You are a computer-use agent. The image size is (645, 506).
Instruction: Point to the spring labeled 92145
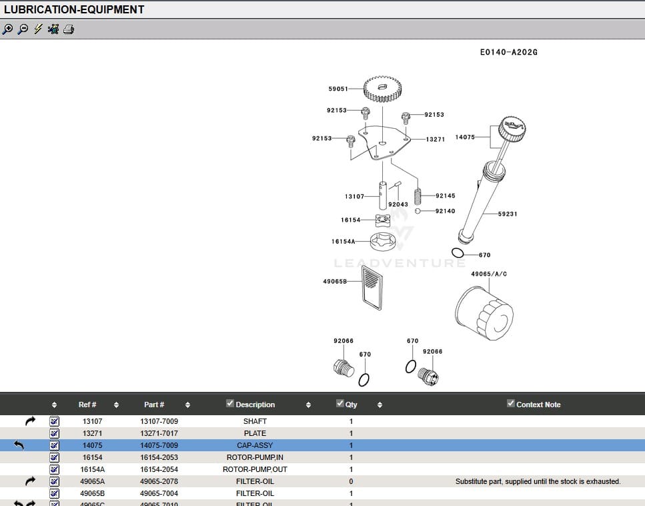[419, 196]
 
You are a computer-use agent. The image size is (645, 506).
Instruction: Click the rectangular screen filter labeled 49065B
[372, 287]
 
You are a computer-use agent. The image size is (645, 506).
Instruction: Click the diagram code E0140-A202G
[508, 52]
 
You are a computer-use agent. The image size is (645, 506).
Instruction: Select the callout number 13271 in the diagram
[436, 140]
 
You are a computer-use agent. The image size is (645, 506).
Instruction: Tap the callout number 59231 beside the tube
[508, 214]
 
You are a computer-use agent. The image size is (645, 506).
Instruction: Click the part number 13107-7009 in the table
[159, 421]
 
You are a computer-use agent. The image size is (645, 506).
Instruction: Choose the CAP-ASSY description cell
[255, 445]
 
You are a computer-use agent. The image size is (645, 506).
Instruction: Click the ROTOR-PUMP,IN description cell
[255, 457]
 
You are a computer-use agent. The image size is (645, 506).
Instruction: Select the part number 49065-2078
[159, 481]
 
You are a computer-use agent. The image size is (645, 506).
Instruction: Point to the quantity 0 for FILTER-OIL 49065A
[351, 481]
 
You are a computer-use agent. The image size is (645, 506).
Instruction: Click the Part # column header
[154, 405]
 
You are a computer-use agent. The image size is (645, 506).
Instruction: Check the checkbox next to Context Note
[511, 403]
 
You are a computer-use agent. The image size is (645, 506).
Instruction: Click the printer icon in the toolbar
[69, 29]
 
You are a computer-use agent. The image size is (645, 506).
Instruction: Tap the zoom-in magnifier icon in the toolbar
[8, 29]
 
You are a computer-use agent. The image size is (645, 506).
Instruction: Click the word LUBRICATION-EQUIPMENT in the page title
[74, 9]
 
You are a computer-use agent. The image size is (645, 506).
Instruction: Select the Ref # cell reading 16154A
[92, 469]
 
